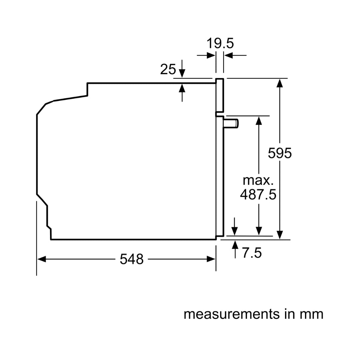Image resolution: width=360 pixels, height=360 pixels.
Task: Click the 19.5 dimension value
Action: [220, 43]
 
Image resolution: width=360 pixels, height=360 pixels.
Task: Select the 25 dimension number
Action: [168, 69]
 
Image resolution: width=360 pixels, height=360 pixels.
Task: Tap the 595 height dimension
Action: [280, 153]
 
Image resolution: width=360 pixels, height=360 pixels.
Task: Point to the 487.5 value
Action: [258, 194]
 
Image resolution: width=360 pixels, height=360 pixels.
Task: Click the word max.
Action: [258, 180]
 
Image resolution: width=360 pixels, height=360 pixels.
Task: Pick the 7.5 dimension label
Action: [252, 253]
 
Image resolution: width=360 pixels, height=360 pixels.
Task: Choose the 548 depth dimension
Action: [131, 259]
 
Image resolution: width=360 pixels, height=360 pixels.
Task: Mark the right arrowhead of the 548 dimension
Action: [211, 259]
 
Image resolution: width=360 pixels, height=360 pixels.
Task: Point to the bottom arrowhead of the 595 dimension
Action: [280, 235]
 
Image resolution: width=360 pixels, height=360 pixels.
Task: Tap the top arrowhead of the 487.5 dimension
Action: [258, 120]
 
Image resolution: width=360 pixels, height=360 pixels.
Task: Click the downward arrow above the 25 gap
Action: [182, 73]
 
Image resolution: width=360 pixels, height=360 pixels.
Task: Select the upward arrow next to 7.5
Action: [235, 244]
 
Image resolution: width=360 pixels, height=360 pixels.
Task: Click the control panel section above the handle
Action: [219, 95]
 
